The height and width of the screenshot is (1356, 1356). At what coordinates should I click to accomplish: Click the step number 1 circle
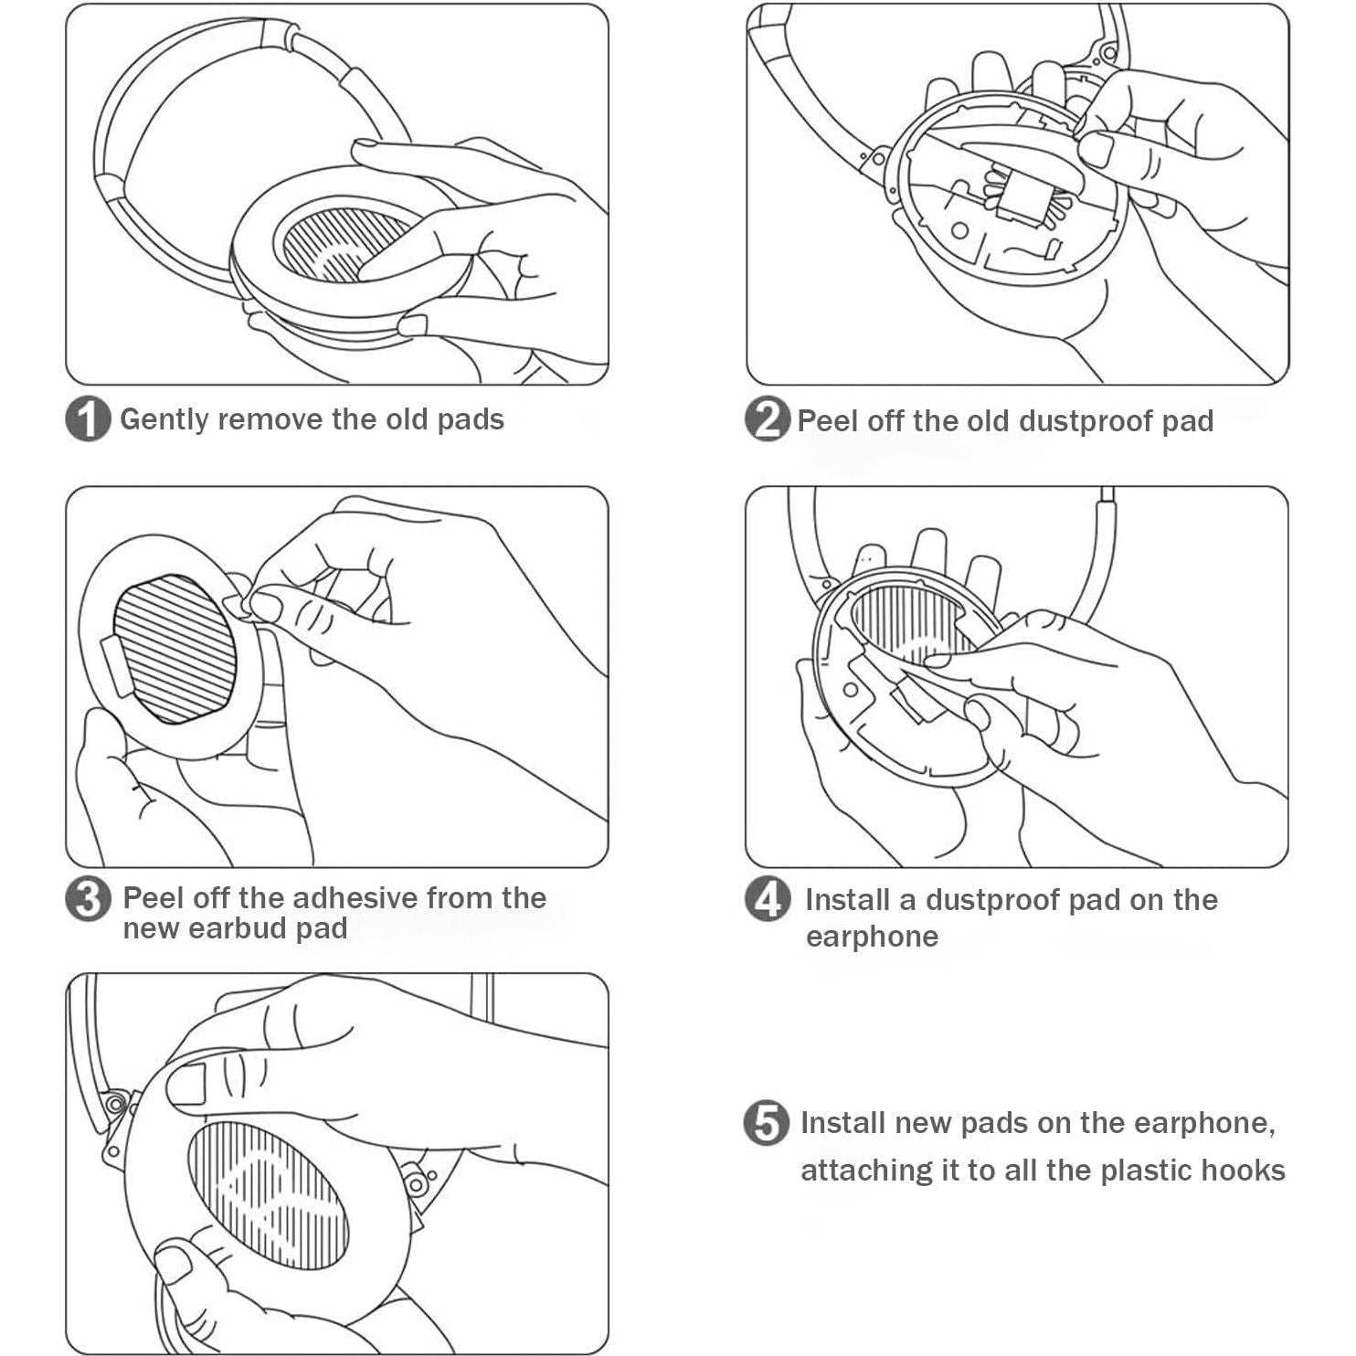tap(88, 419)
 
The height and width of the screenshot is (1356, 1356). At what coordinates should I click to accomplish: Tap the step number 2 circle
tap(768, 419)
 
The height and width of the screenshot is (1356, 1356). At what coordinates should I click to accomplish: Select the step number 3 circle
tap(88, 899)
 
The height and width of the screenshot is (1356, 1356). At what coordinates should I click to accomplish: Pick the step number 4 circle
tap(768, 899)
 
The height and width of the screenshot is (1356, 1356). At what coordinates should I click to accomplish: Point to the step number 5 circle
tap(766, 1122)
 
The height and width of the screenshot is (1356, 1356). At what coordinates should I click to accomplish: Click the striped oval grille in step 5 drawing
tap(268, 1195)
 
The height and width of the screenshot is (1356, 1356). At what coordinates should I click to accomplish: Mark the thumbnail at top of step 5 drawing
tap(187, 1085)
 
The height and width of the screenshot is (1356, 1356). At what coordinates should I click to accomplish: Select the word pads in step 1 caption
tap(471, 420)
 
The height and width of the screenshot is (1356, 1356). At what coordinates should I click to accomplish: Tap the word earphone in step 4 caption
tap(872, 937)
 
